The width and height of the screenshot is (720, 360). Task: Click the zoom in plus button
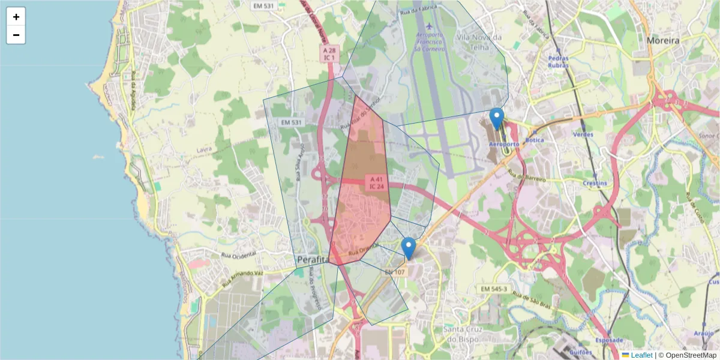(16, 17)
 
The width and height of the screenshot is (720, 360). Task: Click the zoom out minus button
(16, 35)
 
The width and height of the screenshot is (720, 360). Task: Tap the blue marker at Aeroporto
(496, 118)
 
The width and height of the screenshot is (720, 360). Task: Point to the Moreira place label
(663, 41)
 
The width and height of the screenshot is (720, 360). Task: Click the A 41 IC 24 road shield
(376, 182)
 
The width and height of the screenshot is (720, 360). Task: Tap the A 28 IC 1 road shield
(329, 55)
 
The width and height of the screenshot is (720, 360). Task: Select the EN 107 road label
(395, 272)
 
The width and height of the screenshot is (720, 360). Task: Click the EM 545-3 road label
(494, 289)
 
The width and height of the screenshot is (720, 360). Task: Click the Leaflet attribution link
(641, 355)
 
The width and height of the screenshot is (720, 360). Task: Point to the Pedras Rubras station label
(558, 62)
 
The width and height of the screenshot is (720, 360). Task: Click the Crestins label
(594, 183)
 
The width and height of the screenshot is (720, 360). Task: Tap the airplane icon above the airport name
(430, 26)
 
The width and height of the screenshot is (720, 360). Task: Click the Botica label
(534, 140)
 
